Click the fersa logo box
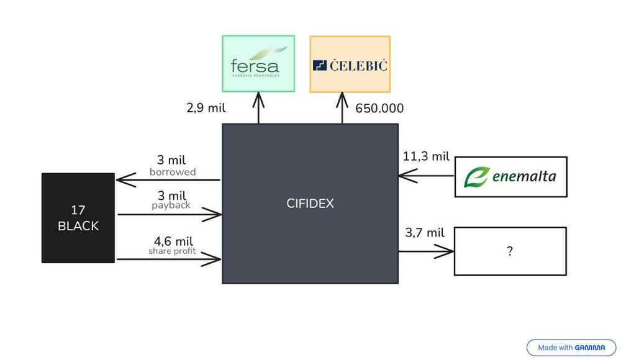(258, 63)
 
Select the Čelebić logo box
(350, 64)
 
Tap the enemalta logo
(510, 177)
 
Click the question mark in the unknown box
(510, 251)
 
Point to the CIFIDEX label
(310, 204)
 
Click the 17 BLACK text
(78, 218)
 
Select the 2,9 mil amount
(206, 108)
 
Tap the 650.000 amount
(379, 109)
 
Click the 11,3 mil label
(426, 156)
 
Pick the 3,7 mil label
(425, 233)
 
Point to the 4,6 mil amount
(173, 241)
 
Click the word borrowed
(173, 172)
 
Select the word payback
(171, 205)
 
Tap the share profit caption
(172, 251)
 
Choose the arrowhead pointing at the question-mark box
(447, 251)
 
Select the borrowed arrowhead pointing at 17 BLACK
(124, 180)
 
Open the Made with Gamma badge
(571, 348)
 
